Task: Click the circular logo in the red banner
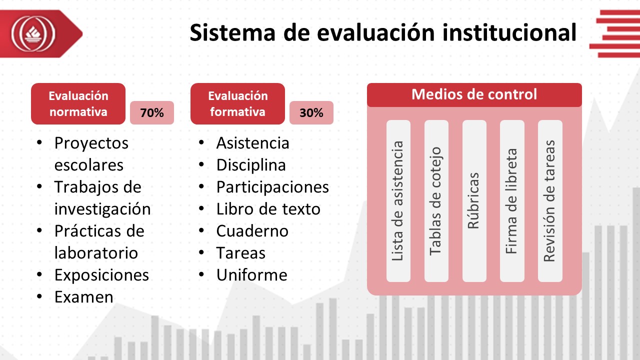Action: (x=33, y=33)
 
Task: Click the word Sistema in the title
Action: (x=232, y=32)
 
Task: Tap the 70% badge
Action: (x=152, y=112)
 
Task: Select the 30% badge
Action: (x=311, y=112)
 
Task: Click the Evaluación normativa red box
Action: (x=78, y=103)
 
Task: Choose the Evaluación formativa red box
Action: (x=237, y=103)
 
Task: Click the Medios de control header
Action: (x=474, y=95)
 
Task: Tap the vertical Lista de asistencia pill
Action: (x=398, y=201)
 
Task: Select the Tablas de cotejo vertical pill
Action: (x=436, y=201)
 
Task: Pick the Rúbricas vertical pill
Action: (x=474, y=201)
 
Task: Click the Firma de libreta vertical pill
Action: (x=512, y=201)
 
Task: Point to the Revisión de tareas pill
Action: (x=550, y=201)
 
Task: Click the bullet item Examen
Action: (x=84, y=297)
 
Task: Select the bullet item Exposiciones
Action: (x=101, y=275)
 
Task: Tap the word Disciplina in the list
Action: (x=251, y=165)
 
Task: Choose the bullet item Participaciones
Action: (x=272, y=187)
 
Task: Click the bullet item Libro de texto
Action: (x=268, y=209)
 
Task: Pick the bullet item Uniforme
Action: (x=251, y=275)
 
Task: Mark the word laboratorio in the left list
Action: (x=96, y=253)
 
